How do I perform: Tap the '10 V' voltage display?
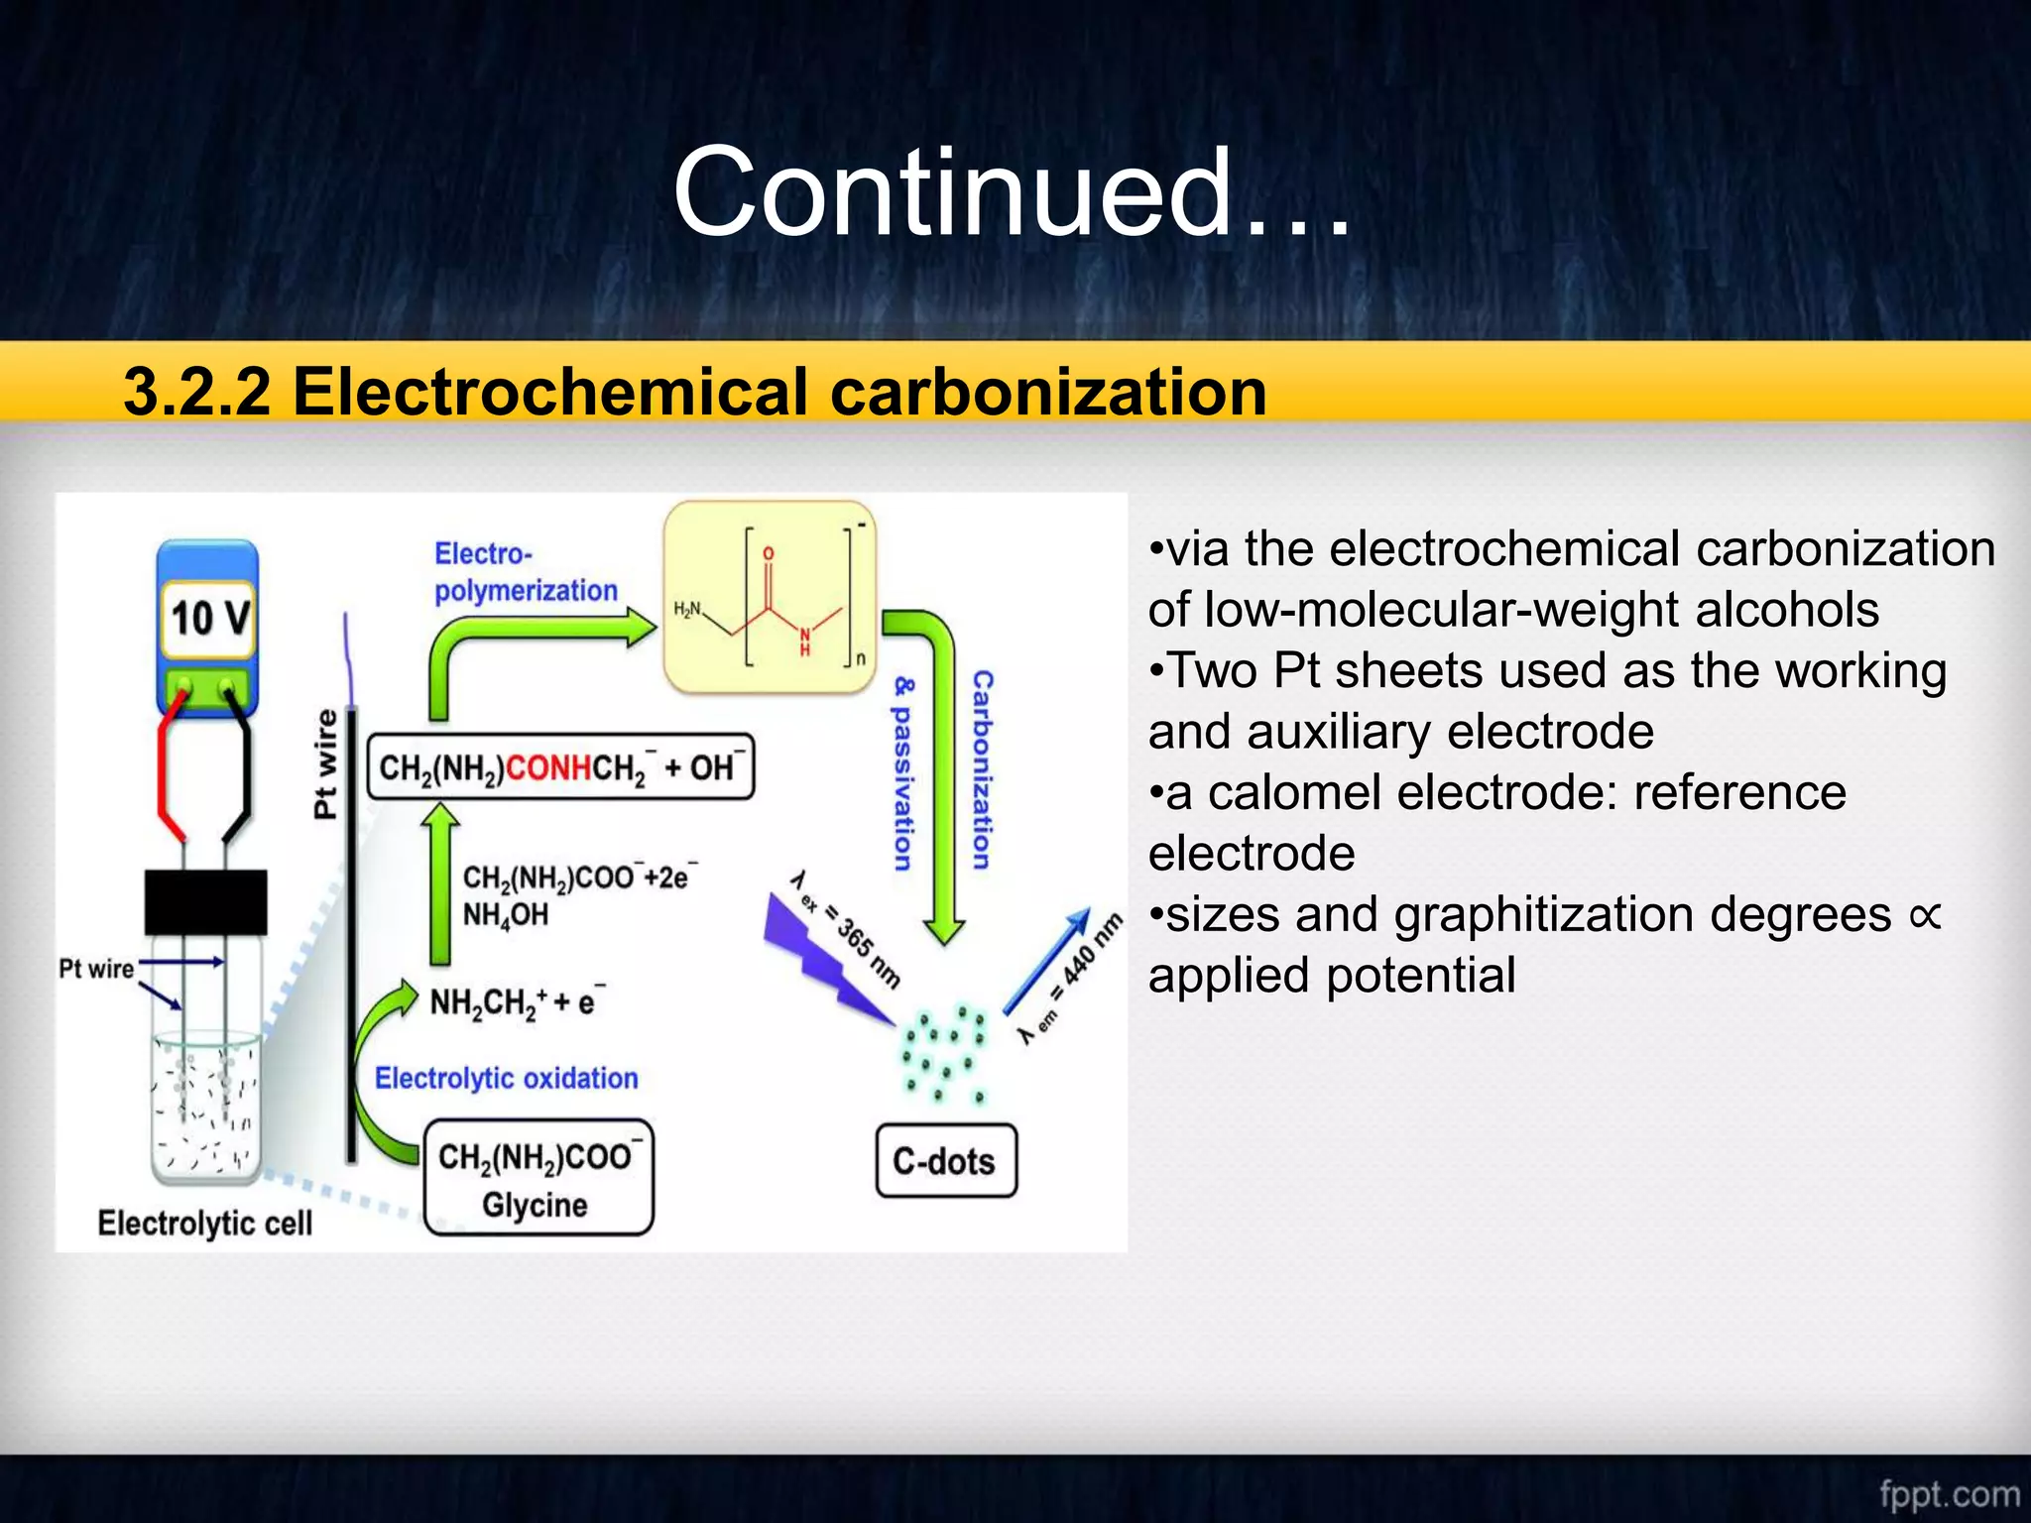(x=208, y=618)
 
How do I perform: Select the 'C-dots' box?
(x=945, y=1161)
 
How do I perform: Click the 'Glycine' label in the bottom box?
(x=535, y=1206)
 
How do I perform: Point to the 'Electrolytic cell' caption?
(x=204, y=1223)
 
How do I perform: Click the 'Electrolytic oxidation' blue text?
(x=506, y=1078)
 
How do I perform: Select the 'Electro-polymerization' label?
(x=526, y=572)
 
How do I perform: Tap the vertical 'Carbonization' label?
(x=982, y=769)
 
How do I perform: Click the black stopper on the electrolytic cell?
(x=205, y=902)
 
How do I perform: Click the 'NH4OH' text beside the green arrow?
(x=505, y=914)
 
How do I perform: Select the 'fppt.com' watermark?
(x=1949, y=1493)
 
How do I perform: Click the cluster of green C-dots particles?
(x=942, y=1051)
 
